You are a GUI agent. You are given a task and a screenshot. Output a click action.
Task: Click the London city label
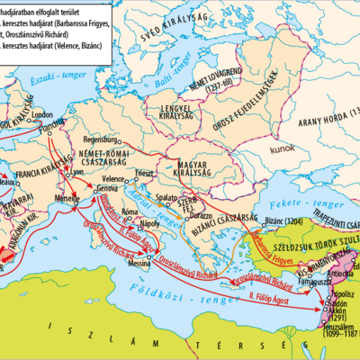click(x=38, y=115)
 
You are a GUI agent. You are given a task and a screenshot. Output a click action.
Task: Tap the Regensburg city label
click(x=100, y=139)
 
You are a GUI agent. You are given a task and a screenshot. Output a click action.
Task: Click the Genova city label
click(x=108, y=189)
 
